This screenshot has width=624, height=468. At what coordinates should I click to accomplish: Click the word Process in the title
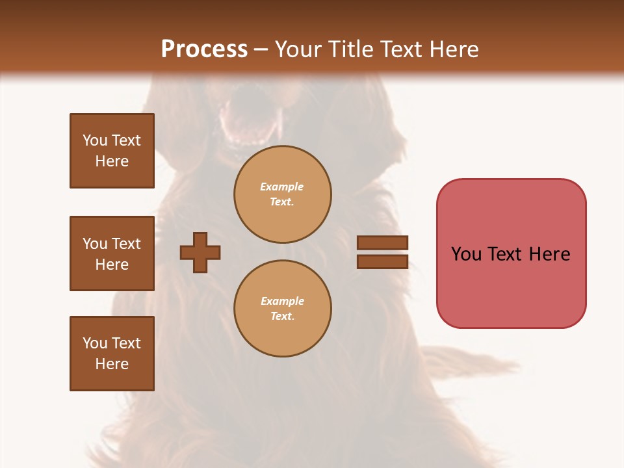point(204,49)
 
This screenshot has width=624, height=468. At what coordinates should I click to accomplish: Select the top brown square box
point(112,151)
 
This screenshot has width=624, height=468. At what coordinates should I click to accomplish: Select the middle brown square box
point(112,253)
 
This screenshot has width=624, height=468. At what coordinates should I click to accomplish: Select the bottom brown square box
point(112,354)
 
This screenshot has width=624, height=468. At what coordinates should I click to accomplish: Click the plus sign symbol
point(200,252)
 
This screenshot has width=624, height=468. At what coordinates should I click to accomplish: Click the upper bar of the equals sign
point(382,242)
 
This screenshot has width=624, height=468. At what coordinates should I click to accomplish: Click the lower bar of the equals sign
point(382,261)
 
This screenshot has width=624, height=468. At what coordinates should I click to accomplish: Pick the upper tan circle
point(283,194)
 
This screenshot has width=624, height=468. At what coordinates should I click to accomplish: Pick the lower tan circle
point(283,309)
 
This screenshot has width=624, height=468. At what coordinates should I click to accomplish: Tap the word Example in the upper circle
point(282,187)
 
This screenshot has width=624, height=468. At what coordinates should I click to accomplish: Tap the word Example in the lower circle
point(282,302)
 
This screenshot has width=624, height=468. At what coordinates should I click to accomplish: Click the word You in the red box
point(466,254)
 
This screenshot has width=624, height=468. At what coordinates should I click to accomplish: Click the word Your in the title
point(300,49)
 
